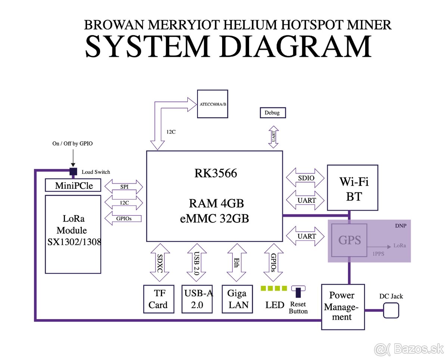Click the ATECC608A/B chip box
(212, 104)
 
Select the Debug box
(272, 113)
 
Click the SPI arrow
(124, 186)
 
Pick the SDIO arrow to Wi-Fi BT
(305, 178)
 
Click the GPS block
(349, 240)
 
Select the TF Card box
(158, 299)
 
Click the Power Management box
(343, 306)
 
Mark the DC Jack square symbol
(391, 310)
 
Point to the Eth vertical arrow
(237, 263)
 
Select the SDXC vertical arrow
(159, 263)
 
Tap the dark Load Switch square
(73, 171)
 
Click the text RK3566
(215, 173)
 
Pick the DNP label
(400, 226)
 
